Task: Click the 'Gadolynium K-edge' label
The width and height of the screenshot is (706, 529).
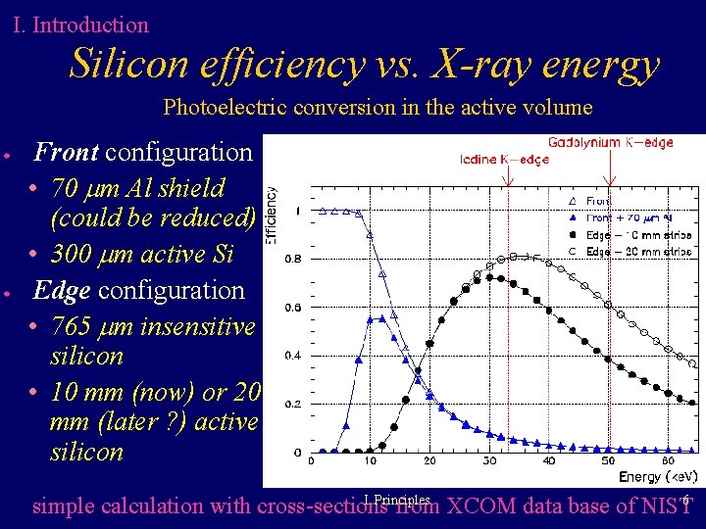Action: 611,143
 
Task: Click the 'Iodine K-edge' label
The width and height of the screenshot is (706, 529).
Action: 505,160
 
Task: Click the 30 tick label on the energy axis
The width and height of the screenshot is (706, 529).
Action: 487,461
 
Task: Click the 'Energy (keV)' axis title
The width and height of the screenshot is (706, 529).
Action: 656,477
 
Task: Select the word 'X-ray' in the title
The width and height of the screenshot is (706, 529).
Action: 473,65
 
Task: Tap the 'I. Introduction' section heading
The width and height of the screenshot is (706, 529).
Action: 80,24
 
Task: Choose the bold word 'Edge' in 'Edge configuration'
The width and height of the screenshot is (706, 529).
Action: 62,290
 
